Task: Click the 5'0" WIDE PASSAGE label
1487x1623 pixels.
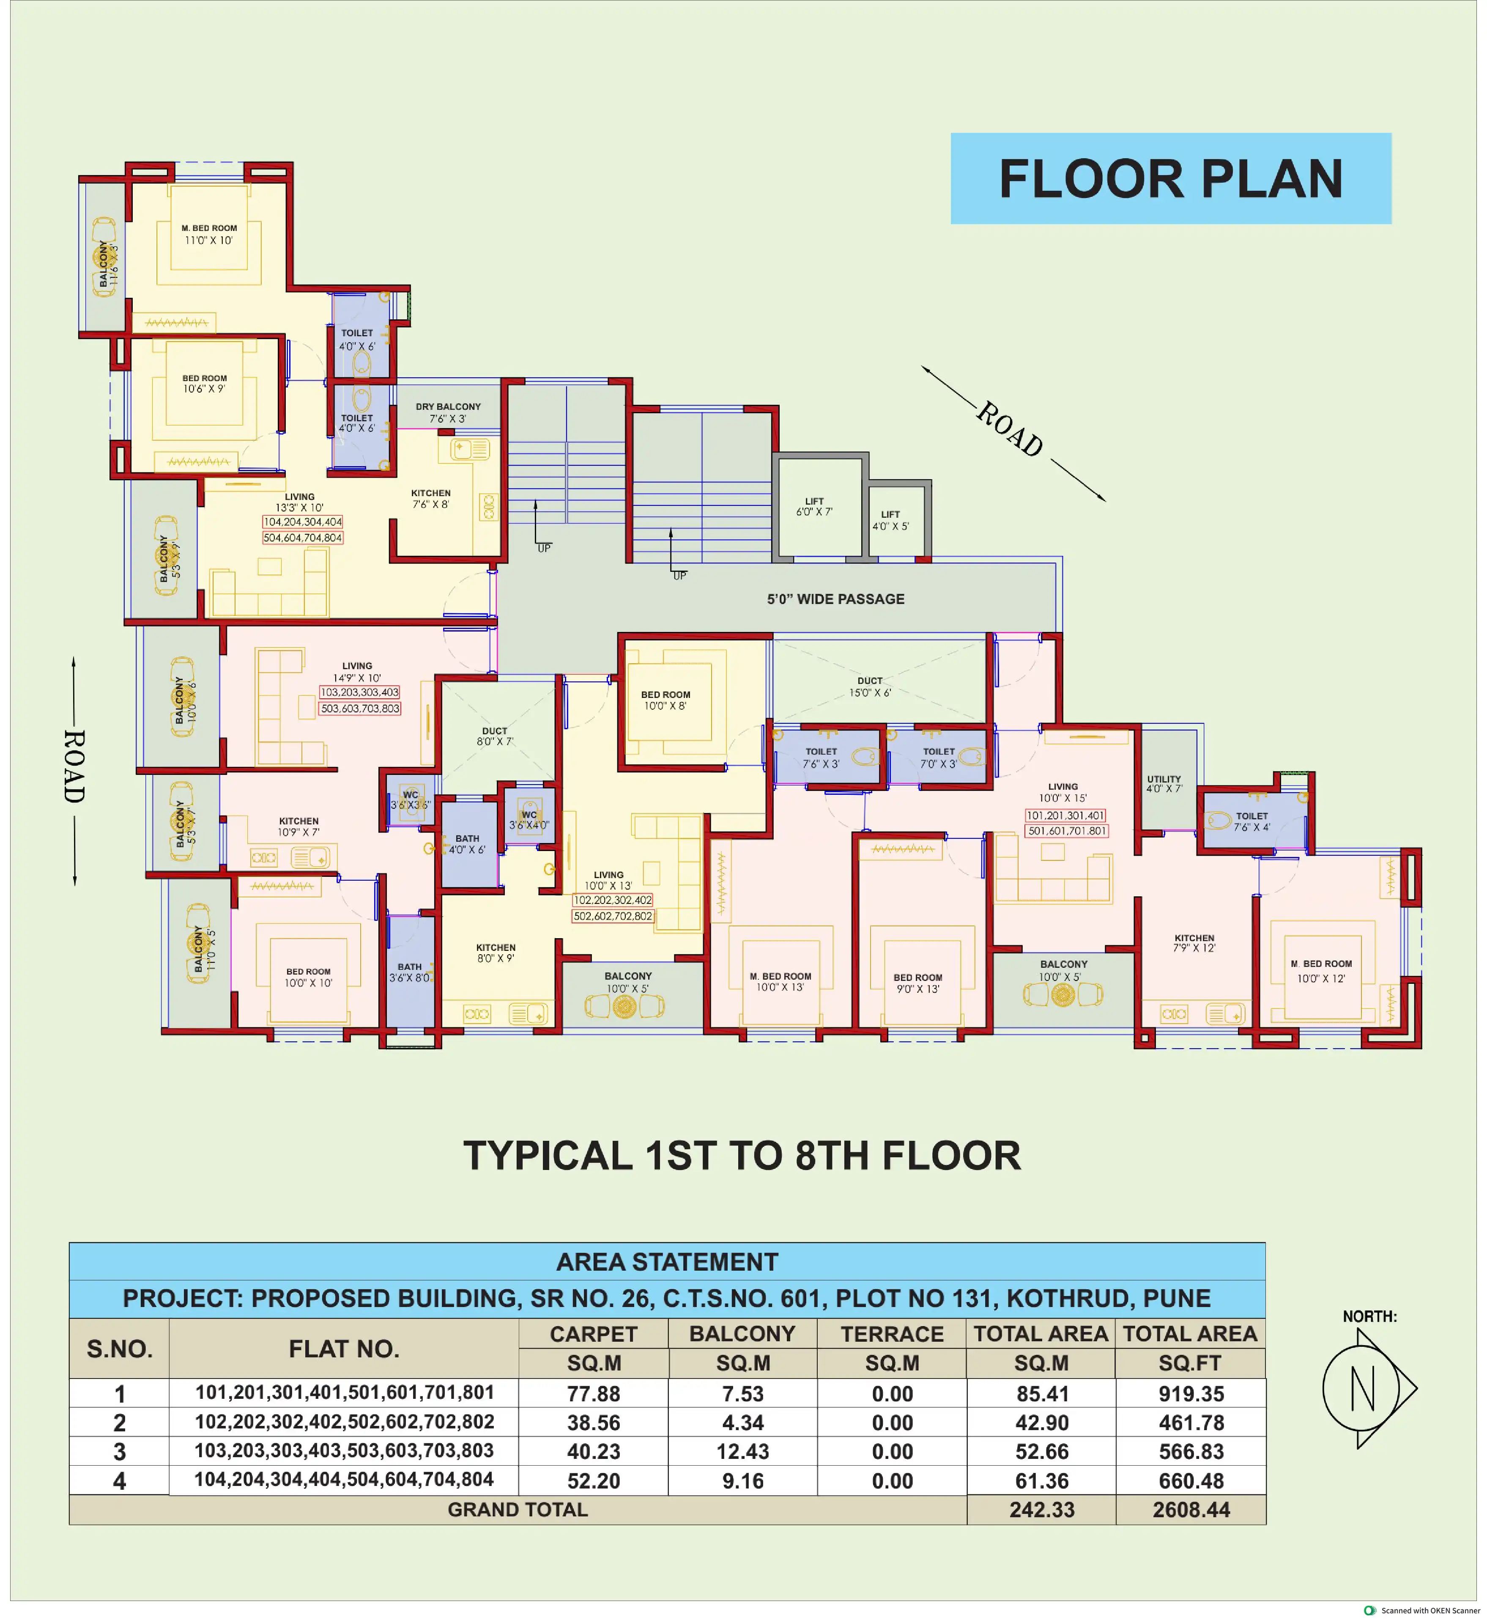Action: tap(835, 599)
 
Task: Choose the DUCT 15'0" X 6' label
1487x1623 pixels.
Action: tap(870, 687)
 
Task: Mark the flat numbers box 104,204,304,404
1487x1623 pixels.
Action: tap(303, 522)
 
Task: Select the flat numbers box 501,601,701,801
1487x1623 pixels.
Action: tap(1067, 831)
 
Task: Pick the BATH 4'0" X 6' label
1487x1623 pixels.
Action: tap(467, 844)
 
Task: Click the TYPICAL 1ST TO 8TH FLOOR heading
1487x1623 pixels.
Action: tap(742, 1155)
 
